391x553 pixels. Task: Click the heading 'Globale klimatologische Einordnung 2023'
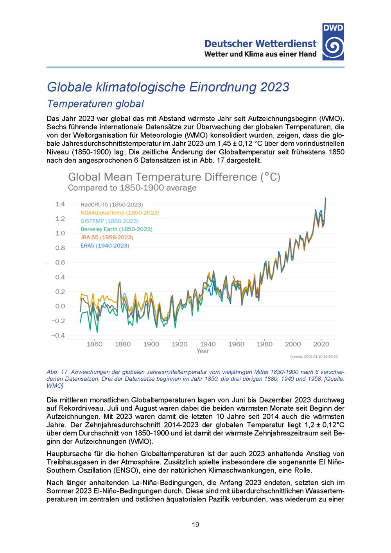pyautogui.click(x=168, y=86)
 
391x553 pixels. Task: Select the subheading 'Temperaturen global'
pyautogui.click(x=95, y=104)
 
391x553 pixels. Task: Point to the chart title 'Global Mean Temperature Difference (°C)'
pyautogui.click(x=174, y=177)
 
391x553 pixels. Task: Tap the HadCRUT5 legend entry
pyautogui.click(x=112, y=204)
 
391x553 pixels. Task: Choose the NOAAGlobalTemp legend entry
pyautogui.click(x=120, y=213)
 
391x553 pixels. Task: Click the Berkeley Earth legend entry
pyautogui.click(x=116, y=229)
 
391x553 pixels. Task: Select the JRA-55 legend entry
pyautogui.click(x=107, y=237)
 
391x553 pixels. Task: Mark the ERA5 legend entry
pyautogui.click(x=105, y=245)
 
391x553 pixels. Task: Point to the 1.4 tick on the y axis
pyautogui.click(x=60, y=204)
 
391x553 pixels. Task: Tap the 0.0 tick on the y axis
pyautogui.click(x=60, y=306)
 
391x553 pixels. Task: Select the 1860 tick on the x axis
pyautogui.click(x=94, y=344)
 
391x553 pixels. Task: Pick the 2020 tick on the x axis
pyautogui.click(x=321, y=344)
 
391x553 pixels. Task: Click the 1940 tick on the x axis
pyautogui.click(x=208, y=344)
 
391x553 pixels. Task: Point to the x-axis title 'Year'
pyautogui.click(x=203, y=351)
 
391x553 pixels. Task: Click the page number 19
pyautogui.click(x=195, y=524)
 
